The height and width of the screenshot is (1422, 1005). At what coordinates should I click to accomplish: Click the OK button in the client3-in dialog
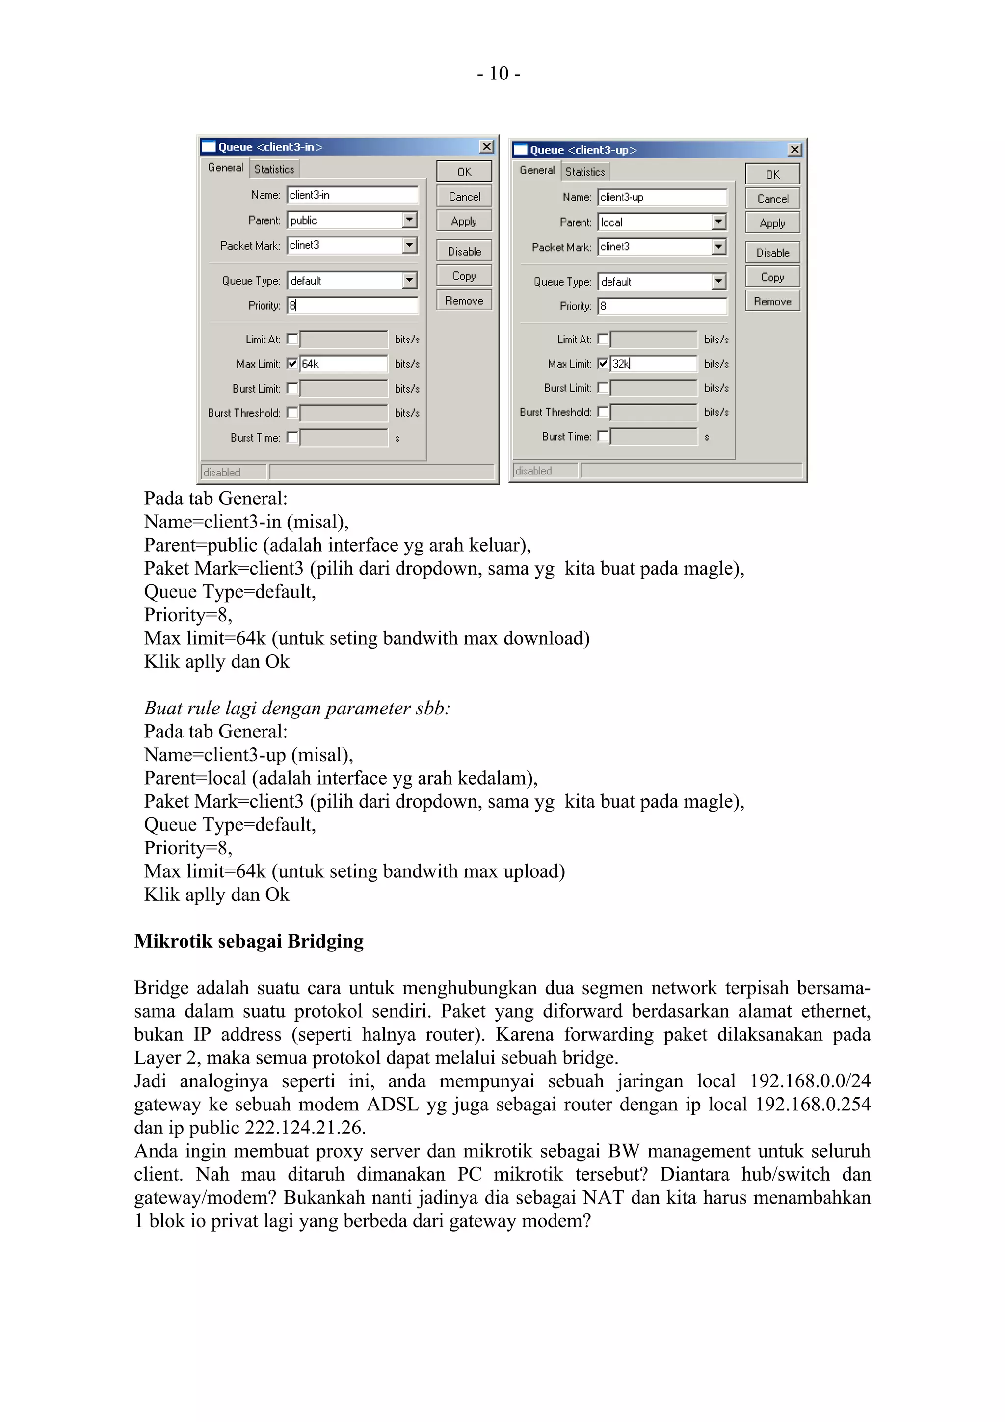click(464, 172)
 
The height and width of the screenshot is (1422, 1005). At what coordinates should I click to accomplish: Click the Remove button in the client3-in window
click(464, 300)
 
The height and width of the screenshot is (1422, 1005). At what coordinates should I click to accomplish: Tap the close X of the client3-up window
click(794, 150)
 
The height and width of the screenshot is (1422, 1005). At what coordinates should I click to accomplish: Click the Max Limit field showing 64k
click(343, 364)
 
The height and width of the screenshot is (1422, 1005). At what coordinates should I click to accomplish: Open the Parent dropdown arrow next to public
click(409, 220)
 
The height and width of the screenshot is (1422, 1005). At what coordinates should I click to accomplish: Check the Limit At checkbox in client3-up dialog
click(603, 340)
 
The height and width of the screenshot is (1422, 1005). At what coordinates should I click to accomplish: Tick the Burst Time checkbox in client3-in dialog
click(292, 438)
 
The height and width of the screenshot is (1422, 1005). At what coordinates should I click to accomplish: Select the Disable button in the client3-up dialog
click(772, 253)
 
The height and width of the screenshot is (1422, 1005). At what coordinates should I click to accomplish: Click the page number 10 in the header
click(499, 74)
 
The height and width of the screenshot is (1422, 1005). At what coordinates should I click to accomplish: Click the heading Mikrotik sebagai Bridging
click(249, 941)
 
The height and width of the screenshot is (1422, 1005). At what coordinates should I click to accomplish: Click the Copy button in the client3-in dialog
click(464, 276)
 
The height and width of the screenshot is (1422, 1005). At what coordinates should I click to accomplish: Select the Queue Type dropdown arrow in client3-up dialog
click(718, 282)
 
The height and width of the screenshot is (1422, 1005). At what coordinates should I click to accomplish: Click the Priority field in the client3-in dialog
click(352, 305)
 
